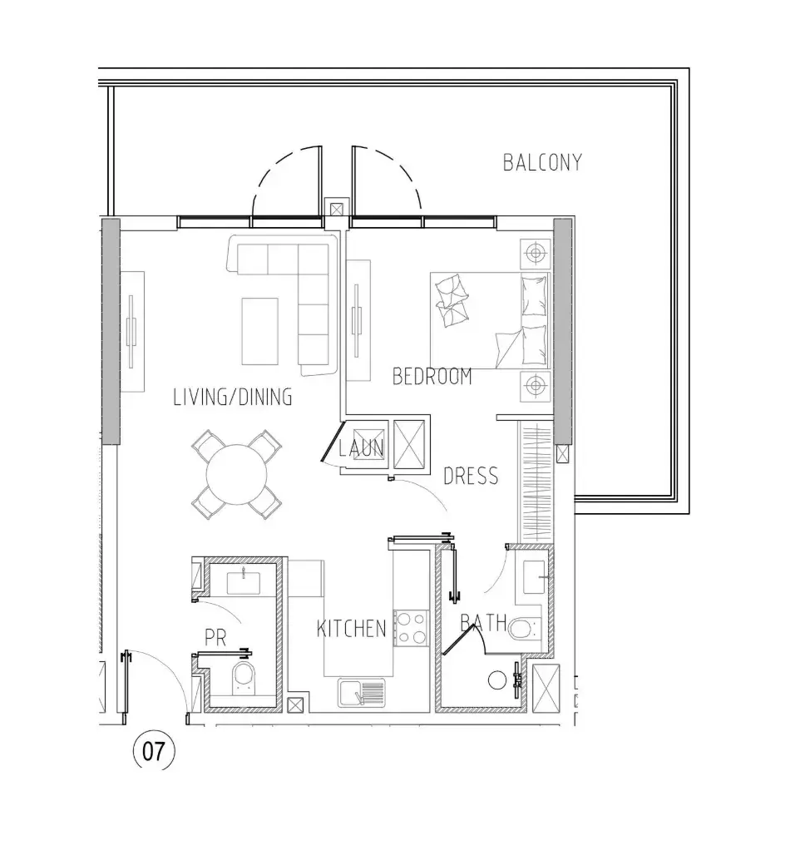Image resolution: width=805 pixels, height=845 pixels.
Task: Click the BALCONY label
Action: pos(542,162)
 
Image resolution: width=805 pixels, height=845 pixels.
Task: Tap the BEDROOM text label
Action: pos(432,376)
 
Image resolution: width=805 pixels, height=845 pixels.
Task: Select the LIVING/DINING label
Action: pos(233,397)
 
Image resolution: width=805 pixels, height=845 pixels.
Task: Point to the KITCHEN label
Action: pos(351,629)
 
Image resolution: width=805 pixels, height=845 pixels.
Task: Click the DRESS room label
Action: pos(471,476)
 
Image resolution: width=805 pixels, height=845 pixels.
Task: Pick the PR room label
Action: pos(215,638)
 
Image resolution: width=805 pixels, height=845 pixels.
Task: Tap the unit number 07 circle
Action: pos(154,751)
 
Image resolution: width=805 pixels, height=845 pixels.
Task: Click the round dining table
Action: pos(236,474)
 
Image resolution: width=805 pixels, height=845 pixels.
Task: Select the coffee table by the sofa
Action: pos(259,331)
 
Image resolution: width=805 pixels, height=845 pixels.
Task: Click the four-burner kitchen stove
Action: pos(411,628)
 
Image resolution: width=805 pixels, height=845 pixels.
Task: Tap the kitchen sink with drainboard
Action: pos(362,693)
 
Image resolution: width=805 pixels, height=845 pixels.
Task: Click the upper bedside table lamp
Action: pos(535,253)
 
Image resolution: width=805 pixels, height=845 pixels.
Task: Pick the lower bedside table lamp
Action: pos(535,386)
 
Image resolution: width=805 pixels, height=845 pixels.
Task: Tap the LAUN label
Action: pos(361,447)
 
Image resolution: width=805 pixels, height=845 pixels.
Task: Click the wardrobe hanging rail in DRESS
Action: pos(535,482)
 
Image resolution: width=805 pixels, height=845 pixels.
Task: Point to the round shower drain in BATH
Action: pos(497,680)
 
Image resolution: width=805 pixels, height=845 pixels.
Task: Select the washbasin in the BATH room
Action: pos(535,576)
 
